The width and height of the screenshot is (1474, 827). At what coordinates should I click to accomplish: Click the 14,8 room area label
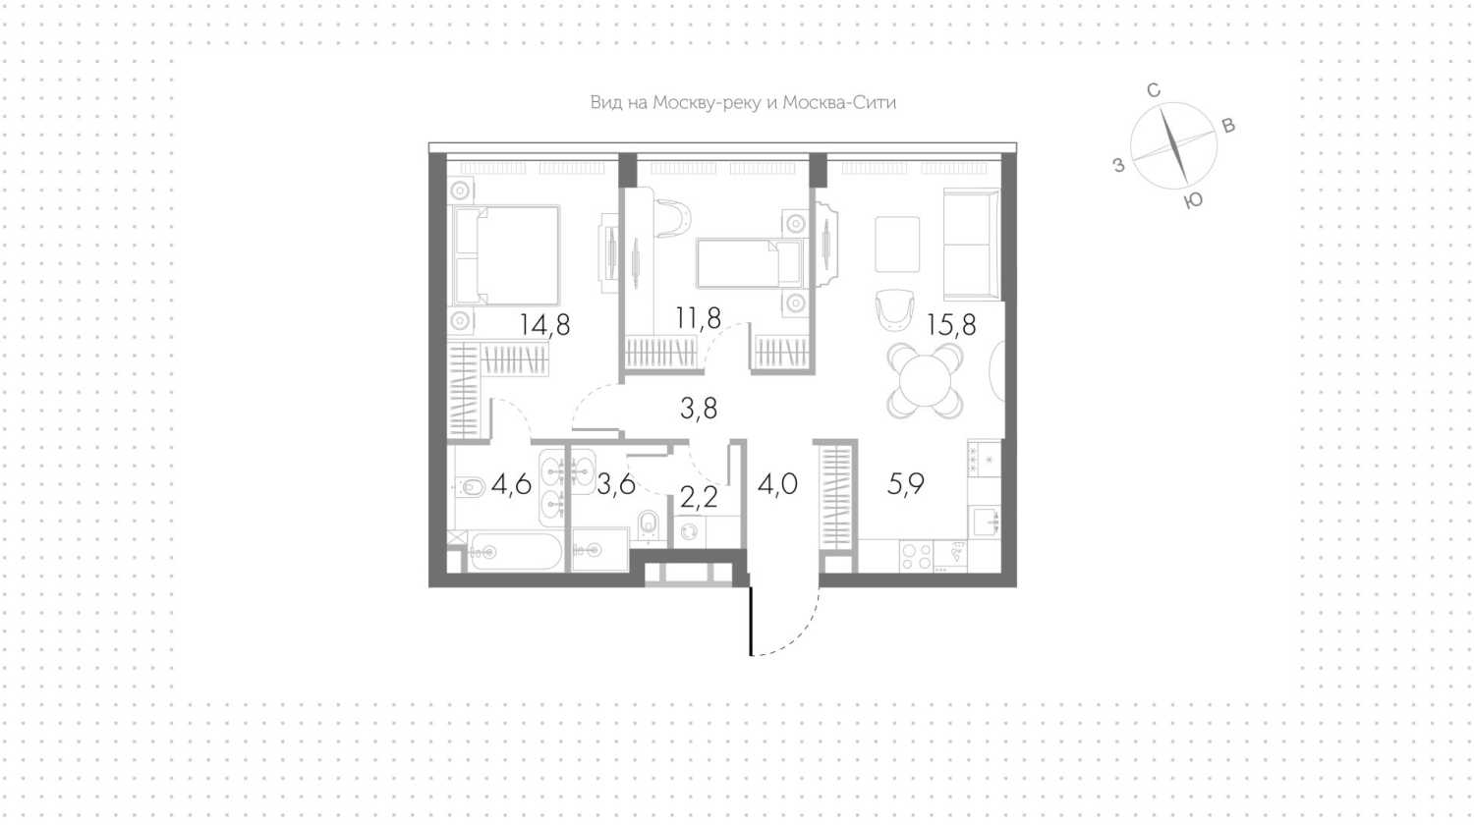[x=544, y=325]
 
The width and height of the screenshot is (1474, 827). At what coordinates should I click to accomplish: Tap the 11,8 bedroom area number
[x=698, y=318]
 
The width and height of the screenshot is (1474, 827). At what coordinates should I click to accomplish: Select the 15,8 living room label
[x=951, y=325]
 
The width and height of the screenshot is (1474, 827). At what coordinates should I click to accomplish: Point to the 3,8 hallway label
[x=699, y=409]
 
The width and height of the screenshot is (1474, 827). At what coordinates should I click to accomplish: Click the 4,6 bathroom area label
[x=511, y=485]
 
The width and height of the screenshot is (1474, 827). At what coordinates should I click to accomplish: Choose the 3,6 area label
[x=616, y=485]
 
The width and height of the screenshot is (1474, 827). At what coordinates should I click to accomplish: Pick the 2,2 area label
[x=699, y=499]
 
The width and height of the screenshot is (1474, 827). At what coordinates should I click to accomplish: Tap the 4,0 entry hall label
[x=778, y=485]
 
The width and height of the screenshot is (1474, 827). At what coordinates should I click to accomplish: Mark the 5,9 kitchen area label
[x=906, y=485]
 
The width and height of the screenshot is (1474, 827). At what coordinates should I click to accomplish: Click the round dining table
[x=926, y=380]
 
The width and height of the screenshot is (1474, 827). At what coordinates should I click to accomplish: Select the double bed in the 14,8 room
[x=505, y=255]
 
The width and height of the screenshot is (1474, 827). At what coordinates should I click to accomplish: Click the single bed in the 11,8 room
[x=750, y=263]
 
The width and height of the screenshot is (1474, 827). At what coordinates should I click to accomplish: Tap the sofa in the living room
[x=971, y=245]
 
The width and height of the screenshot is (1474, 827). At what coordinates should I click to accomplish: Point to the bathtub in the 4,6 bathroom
[x=515, y=551]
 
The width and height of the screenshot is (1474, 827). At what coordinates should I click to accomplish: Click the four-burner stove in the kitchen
[x=916, y=557]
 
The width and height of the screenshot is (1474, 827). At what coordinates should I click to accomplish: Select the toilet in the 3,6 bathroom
[x=649, y=524]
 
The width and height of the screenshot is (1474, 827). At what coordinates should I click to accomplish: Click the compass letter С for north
[x=1153, y=90]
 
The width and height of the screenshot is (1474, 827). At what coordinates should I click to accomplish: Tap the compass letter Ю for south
[x=1193, y=200]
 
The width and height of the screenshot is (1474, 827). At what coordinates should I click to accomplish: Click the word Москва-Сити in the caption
[x=839, y=102]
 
